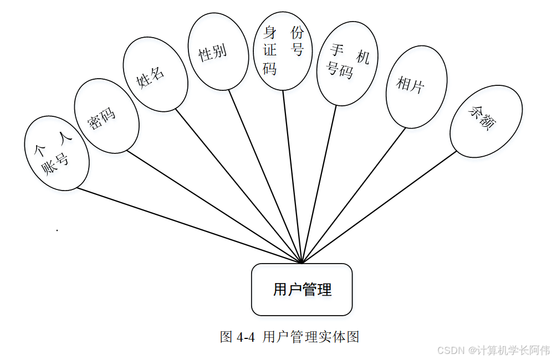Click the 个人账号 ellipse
click(57, 153)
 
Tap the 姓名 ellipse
click(155, 73)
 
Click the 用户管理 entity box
click(302, 290)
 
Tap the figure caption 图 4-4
click(237, 337)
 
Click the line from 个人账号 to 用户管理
click(188, 225)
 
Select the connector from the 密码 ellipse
click(213, 205)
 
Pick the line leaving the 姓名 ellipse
click(238, 185)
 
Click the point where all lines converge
click(302, 263)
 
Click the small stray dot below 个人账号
click(57, 229)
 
